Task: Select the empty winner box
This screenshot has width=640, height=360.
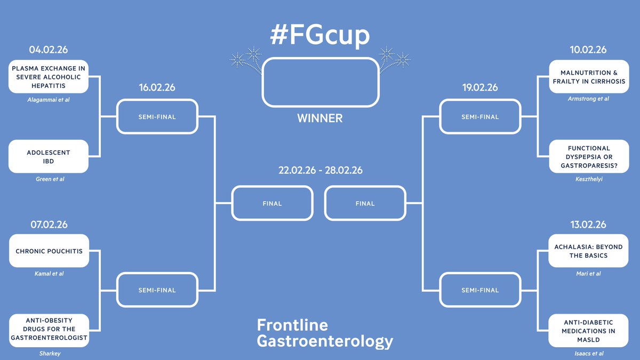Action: click(x=320, y=82)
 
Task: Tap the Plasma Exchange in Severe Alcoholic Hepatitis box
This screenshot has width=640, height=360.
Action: click(x=49, y=76)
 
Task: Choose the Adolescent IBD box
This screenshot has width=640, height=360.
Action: click(x=49, y=157)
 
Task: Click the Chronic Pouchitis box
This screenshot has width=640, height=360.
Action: click(x=49, y=251)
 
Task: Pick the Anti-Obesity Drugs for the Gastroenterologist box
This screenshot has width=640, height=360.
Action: click(x=49, y=330)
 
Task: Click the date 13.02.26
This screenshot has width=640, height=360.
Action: click(x=588, y=225)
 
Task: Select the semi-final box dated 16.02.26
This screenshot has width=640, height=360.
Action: click(x=157, y=117)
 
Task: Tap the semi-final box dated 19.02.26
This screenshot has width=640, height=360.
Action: click(x=479, y=117)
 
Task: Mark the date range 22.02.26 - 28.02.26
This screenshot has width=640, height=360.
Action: click(x=320, y=171)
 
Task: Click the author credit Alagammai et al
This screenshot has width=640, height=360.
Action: click(x=49, y=100)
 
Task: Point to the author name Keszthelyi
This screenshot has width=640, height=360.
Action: click(x=588, y=180)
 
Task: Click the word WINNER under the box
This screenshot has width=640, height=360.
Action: click(x=320, y=118)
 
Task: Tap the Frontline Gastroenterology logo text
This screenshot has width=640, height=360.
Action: click(x=324, y=333)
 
